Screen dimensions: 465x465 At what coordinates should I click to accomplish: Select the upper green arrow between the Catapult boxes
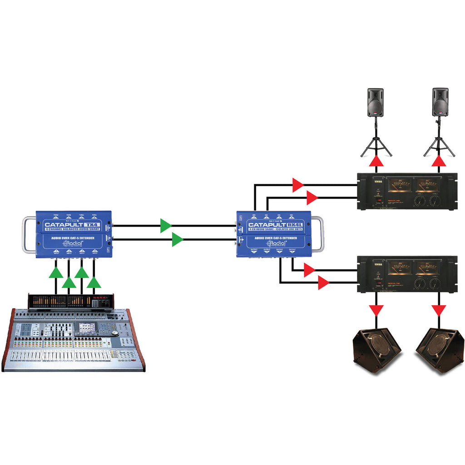coord(166,226)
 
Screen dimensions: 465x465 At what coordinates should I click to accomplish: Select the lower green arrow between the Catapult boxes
coord(178,239)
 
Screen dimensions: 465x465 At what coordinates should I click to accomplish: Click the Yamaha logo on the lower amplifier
coord(378,263)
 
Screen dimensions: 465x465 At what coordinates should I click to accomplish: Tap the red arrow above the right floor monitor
coord(439,311)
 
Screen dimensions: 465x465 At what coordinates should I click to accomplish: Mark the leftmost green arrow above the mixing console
coord(56,273)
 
